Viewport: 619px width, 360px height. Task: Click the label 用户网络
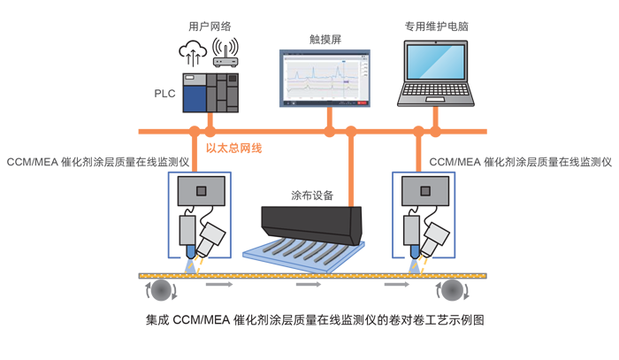210,27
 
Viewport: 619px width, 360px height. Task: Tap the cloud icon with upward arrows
193,52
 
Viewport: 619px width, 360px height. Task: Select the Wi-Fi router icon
225,53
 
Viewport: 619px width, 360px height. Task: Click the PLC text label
164,93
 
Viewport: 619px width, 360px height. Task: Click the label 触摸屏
325,39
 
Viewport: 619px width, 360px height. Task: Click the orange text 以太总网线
233,149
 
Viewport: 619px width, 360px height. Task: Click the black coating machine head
311,220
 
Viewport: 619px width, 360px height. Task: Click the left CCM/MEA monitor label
98,163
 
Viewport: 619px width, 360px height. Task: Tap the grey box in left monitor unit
202,191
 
